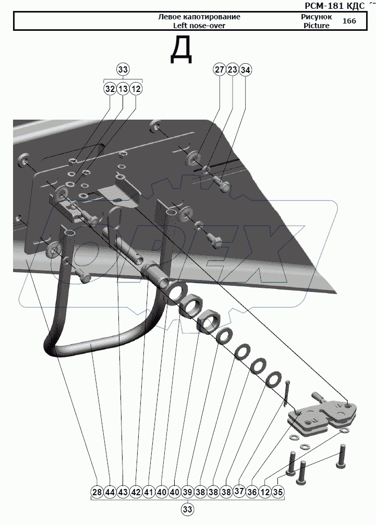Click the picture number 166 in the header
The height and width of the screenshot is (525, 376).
point(349,21)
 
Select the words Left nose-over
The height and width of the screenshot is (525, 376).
point(199,26)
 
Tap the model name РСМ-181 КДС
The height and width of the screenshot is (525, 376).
point(335,6)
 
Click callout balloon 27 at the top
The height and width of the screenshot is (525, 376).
point(219,69)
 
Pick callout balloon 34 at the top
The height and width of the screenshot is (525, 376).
point(245,69)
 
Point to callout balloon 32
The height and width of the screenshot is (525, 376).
point(110,89)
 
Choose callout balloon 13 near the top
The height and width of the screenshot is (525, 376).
point(123,89)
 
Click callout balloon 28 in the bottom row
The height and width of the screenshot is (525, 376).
point(97,492)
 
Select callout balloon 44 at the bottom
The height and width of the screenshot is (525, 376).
point(110,492)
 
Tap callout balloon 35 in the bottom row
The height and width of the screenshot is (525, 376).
point(278,492)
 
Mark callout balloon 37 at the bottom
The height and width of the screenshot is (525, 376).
point(239,492)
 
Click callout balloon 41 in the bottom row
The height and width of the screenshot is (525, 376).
point(149,492)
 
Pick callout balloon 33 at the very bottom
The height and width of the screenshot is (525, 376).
point(188,509)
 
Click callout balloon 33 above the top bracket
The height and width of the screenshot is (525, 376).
point(123,69)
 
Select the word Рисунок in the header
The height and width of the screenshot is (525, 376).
point(316,17)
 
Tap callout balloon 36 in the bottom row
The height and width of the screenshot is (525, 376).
point(252,492)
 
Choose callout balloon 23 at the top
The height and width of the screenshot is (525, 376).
point(232,69)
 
